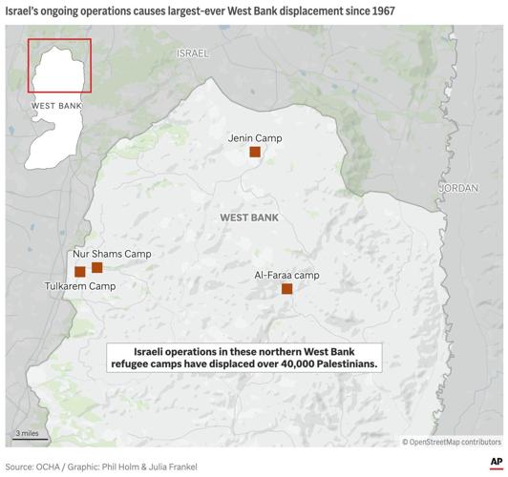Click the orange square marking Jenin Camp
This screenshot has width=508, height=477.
click(x=255, y=152)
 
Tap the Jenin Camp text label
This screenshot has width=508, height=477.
click(x=255, y=137)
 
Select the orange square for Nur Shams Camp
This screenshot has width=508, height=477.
click(x=96, y=267)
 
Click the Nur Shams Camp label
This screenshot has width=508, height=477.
click(x=112, y=254)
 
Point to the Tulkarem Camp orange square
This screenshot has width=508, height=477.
click(x=80, y=272)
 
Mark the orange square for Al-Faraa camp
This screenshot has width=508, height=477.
click(x=286, y=288)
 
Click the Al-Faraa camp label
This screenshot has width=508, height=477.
click(x=286, y=275)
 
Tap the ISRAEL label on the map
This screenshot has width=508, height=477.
click(x=192, y=52)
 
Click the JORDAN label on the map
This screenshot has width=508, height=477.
click(x=458, y=189)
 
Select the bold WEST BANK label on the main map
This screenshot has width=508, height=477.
click(x=249, y=218)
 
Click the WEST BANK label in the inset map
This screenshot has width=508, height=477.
click(x=57, y=105)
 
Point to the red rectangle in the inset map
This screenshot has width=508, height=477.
click(x=59, y=65)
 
